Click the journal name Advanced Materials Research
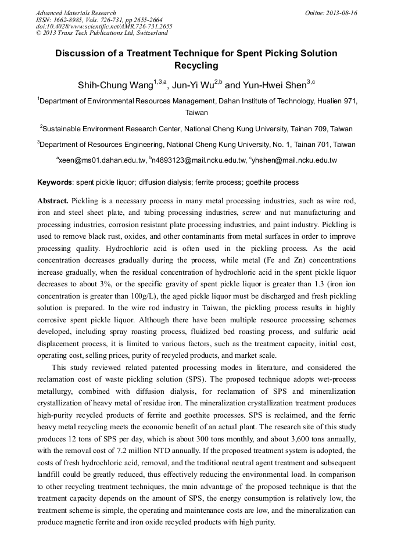coord(76,13)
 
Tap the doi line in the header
coord(104,27)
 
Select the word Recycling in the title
coord(196,66)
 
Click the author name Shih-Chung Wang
coord(115,86)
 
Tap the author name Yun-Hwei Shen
coord(275,86)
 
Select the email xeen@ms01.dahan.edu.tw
coord(100,160)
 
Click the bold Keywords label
coord(55,182)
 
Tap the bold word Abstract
coord(53,200)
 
